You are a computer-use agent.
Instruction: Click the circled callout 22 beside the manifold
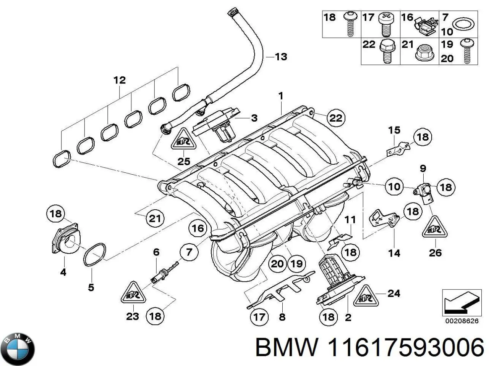336,118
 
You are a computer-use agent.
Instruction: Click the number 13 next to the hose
280,57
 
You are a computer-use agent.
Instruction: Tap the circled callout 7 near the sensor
190,252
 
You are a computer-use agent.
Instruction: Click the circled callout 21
155,219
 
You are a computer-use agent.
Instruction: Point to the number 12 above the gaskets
119,80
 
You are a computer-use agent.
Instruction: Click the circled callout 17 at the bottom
259,316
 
